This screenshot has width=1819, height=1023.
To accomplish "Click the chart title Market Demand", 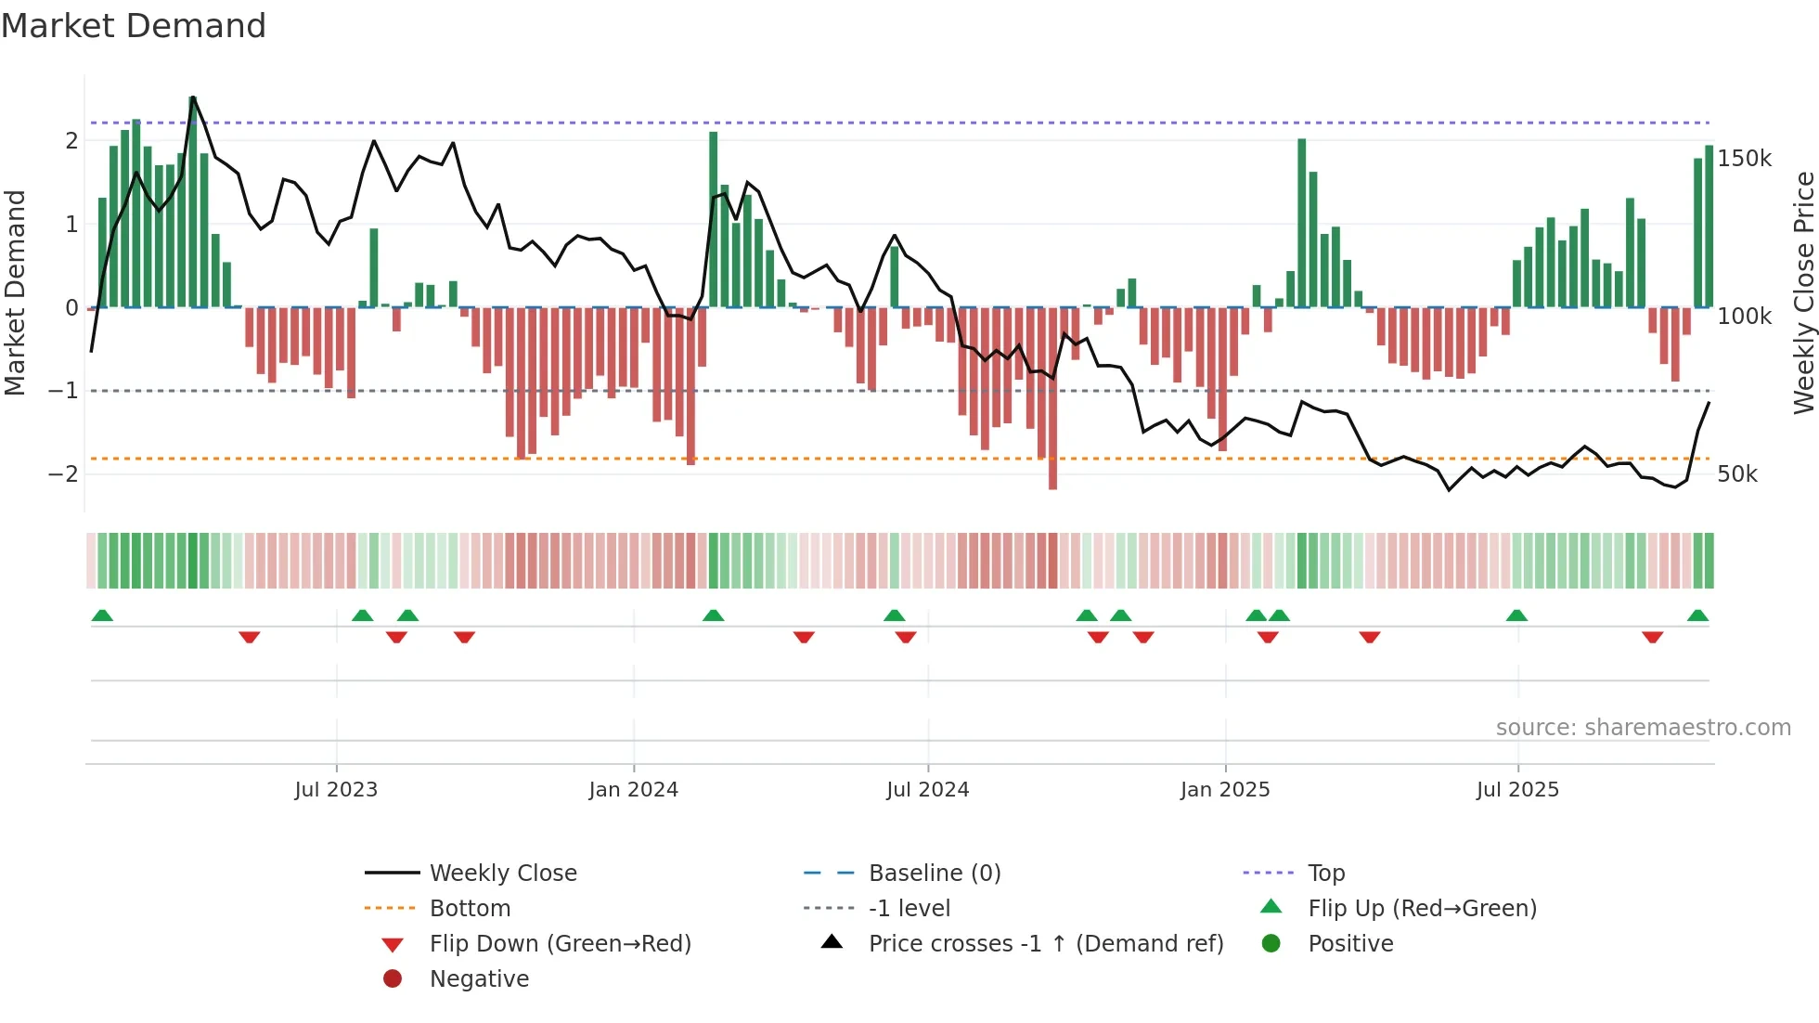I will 134,26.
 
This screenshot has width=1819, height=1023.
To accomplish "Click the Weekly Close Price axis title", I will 1803,292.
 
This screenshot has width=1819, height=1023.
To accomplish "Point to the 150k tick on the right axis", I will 1744,159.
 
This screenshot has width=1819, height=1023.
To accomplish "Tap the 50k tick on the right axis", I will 1736,474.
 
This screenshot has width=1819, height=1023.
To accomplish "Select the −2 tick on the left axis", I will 63,474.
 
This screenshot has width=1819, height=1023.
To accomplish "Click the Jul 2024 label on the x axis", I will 927,790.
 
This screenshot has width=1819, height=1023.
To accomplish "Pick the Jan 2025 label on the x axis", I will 1224,790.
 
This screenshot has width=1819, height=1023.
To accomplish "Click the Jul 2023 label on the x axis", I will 336,790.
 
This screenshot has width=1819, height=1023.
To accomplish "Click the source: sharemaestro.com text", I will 1643,728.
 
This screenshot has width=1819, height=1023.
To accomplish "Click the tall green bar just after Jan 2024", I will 713,219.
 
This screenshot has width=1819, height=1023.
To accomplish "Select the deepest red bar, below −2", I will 1052,399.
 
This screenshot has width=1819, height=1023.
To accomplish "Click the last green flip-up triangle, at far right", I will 1697,616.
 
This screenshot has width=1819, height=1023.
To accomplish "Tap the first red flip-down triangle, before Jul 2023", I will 249,637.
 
